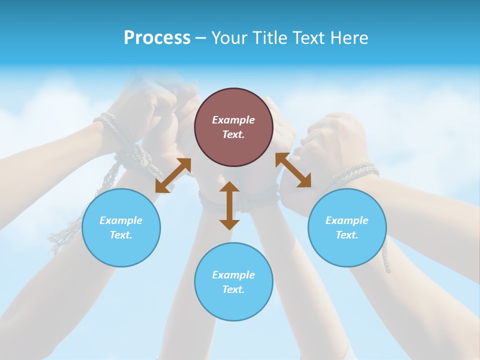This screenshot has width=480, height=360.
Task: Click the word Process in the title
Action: pos(157,38)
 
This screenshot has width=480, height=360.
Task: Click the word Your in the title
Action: pos(230,38)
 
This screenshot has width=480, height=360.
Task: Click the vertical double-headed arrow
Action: pos(229,205)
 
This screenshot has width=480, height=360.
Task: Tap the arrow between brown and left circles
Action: pos(173,175)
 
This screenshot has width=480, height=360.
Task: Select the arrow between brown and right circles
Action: pos(293,170)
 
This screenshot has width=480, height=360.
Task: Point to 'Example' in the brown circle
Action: pos(233,120)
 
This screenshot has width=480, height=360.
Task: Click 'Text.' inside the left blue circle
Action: pos(121,235)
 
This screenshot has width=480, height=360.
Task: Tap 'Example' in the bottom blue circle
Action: pos(233,275)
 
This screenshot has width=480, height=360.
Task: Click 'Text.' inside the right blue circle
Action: pos(347,235)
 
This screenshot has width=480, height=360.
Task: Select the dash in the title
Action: pos(200,38)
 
